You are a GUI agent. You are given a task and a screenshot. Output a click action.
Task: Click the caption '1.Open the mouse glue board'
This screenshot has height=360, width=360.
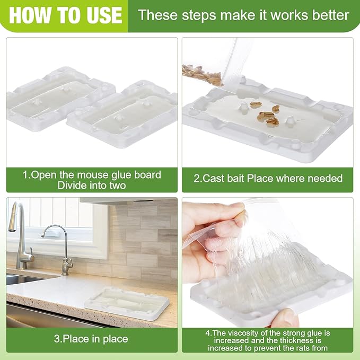pos(92,174)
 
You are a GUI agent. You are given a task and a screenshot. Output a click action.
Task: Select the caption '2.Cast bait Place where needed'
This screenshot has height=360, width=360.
pos(268,179)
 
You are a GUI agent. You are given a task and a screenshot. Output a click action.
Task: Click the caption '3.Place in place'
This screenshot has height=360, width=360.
pos(92,338)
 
